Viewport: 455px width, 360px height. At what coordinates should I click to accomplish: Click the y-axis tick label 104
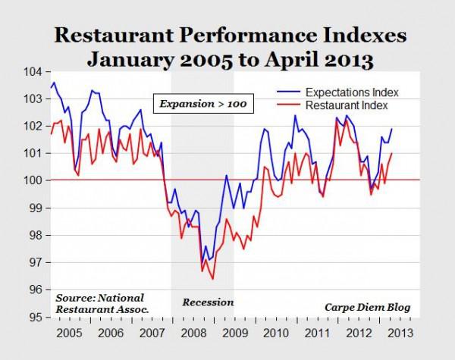click(x=36, y=71)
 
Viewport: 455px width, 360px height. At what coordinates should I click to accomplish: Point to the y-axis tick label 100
click(x=36, y=180)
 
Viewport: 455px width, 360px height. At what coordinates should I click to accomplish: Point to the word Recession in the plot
click(x=208, y=302)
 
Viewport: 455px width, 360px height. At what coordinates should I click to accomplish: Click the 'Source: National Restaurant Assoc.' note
click(x=100, y=302)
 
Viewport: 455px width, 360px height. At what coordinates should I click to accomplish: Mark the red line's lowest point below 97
click(x=213, y=279)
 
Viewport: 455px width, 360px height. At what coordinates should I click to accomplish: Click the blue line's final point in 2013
click(x=392, y=129)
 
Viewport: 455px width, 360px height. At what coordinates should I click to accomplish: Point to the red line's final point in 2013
click(x=392, y=154)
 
